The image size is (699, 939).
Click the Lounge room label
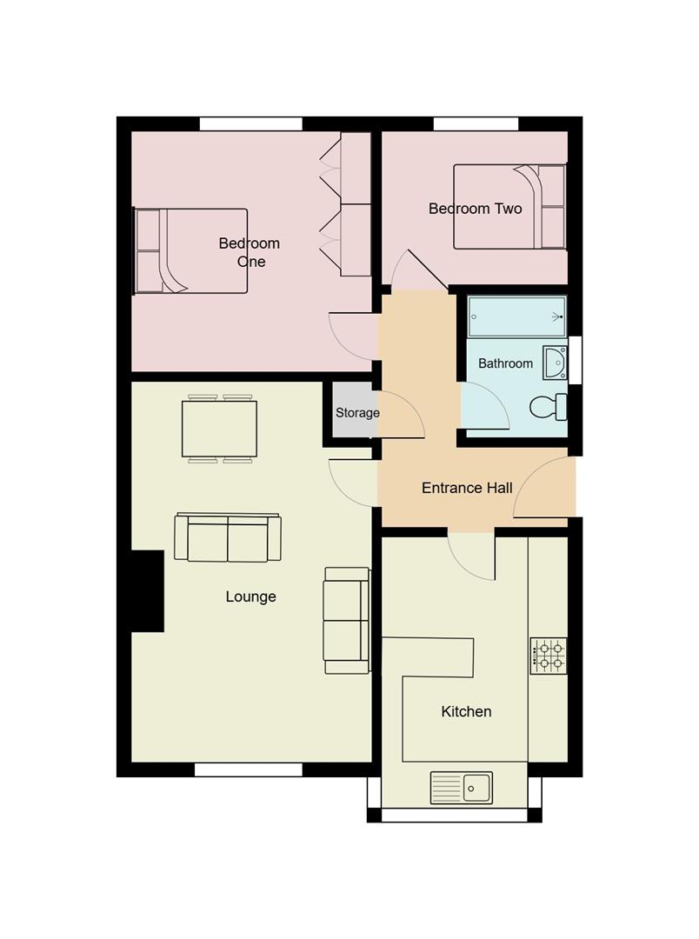tap(250, 596)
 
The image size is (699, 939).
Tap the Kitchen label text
tap(466, 711)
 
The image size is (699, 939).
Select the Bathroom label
tap(505, 363)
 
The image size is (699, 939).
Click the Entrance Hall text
tap(467, 488)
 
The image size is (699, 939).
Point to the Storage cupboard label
tap(357, 412)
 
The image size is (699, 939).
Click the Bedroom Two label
tap(475, 209)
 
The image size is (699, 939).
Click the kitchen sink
tap(461, 788)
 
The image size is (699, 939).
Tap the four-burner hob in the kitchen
tap(549, 656)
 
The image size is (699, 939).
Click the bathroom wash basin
tap(556, 363)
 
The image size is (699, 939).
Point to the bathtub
tap(516, 316)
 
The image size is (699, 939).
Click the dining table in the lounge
tap(219, 429)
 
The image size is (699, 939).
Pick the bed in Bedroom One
tap(191, 251)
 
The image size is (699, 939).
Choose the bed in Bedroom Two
tap(509, 207)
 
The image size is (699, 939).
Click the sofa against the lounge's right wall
tap(346, 620)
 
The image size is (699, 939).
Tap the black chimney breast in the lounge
tap(147, 591)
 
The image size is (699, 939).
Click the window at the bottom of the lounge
tap(248, 769)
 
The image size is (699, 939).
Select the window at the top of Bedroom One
tap(250, 123)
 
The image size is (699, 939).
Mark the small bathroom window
tap(575, 359)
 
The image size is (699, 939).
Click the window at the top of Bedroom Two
tap(476, 123)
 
